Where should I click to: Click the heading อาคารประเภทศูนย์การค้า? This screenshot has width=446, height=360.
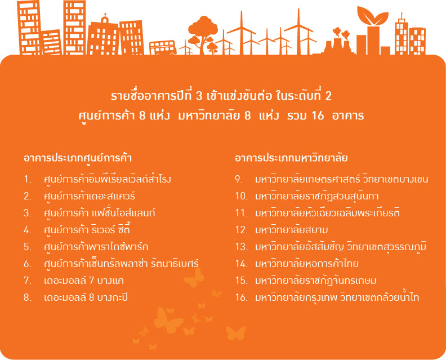[78, 158]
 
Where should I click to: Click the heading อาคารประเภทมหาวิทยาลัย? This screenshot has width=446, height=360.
[291, 158]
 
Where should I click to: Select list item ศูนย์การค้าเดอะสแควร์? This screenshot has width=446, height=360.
[90, 197]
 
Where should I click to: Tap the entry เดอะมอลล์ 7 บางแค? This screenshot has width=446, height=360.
[84, 281]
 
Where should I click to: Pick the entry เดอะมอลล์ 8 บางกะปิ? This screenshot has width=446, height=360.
[86, 297]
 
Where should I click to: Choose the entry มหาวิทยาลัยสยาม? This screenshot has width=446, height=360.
[292, 230]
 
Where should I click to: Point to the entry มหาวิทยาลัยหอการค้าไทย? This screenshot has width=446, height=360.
[306, 264]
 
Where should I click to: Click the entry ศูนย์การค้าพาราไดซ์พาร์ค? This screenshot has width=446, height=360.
[96, 247]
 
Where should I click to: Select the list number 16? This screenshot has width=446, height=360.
[241, 297]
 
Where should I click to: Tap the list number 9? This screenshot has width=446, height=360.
[238, 180]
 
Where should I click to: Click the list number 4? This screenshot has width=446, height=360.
[27, 230]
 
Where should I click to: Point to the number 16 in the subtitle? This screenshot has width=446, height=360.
[318, 115]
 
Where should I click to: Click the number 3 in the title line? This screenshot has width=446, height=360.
[199, 96]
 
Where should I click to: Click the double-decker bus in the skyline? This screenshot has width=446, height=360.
[163, 47]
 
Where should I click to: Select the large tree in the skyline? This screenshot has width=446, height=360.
[203, 34]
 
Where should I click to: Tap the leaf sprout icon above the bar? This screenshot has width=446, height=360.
[373, 16]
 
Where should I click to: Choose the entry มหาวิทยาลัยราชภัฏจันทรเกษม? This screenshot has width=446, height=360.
[316, 281]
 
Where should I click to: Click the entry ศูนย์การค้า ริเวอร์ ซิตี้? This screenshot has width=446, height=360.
[87, 230]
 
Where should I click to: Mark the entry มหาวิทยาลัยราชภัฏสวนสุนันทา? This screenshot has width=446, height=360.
[317, 197]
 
